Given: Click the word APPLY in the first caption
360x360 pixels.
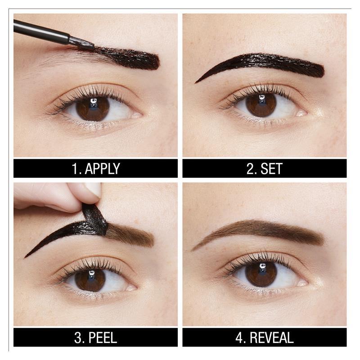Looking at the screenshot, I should click(x=102, y=168).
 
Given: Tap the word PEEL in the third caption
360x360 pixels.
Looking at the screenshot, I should click(x=102, y=337).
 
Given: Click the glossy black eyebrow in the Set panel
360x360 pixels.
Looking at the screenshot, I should click(x=270, y=63).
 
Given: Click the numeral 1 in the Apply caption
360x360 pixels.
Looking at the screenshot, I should click(x=75, y=168).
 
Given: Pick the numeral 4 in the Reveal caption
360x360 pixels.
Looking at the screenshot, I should click(x=242, y=337).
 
